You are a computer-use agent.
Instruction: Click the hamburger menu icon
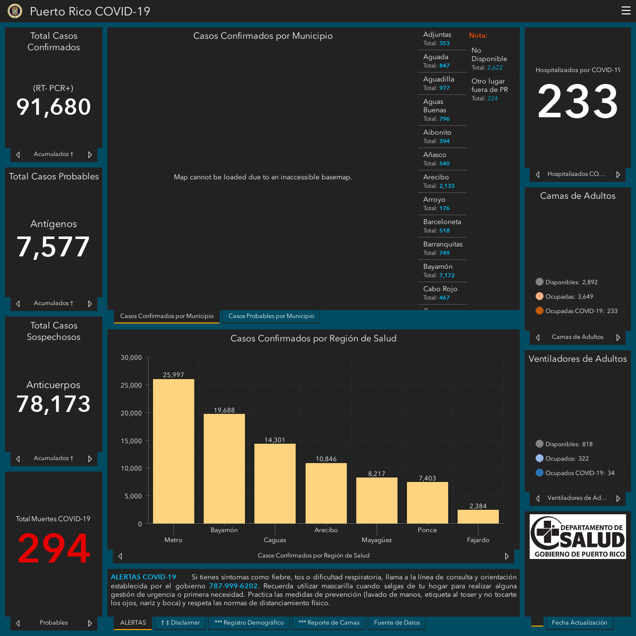click(626, 10)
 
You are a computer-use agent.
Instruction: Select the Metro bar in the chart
click(173, 451)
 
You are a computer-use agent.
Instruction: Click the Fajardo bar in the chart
click(477, 517)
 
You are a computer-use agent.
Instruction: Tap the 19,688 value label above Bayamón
click(224, 410)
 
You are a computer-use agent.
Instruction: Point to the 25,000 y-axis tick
click(131, 385)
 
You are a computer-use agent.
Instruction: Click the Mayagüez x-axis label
click(377, 540)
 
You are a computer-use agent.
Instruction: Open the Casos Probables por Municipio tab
click(271, 316)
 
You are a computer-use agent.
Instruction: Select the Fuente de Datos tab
click(397, 623)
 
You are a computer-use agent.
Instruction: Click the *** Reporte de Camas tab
click(329, 623)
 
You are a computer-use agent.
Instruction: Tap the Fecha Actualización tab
click(579, 623)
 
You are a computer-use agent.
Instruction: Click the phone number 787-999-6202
click(233, 586)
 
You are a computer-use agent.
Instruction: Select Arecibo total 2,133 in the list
click(447, 186)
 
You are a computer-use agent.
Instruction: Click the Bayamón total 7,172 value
click(447, 275)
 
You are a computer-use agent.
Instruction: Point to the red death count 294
click(54, 548)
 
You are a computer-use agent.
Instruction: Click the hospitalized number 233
click(577, 101)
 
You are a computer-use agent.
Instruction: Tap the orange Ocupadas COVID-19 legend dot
click(539, 311)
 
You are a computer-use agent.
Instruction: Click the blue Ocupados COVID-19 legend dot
click(539, 473)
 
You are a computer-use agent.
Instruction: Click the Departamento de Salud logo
click(577, 536)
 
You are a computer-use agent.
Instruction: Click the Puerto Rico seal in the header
click(15, 11)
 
